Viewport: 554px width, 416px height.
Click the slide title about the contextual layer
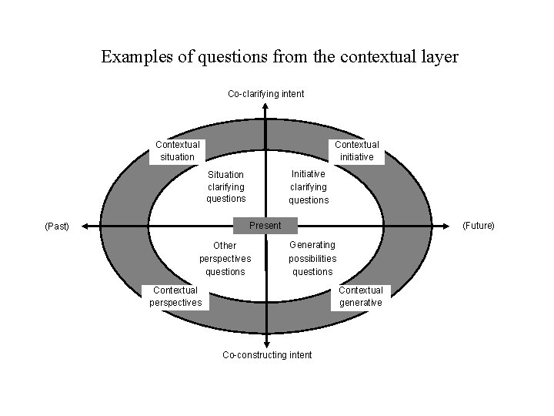[x=280, y=57]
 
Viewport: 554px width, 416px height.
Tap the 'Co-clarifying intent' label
[x=265, y=94]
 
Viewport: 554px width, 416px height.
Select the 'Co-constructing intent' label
[x=267, y=355]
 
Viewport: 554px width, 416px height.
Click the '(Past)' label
[x=57, y=226]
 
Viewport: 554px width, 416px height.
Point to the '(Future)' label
[x=478, y=226]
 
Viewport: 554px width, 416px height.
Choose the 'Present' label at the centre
[x=265, y=226]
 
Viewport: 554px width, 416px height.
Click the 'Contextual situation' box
[x=177, y=150]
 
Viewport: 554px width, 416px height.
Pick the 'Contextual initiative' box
[x=357, y=150]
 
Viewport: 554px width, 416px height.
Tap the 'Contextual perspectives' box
[x=175, y=297]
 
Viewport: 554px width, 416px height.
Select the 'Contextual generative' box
[x=361, y=297]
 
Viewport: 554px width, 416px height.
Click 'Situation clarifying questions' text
[x=225, y=186]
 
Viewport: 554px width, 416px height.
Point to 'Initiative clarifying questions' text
[x=309, y=187]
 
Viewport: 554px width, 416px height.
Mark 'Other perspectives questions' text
[x=225, y=259]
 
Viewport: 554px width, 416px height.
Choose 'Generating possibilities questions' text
[x=312, y=258]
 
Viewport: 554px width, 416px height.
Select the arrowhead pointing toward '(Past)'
[x=84, y=226]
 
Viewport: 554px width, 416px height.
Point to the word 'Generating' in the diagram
[x=312, y=245]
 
